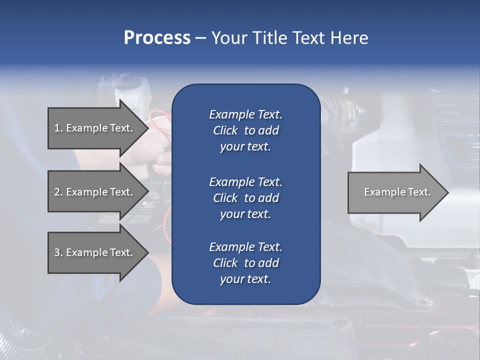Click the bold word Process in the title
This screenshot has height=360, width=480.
(x=157, y=38)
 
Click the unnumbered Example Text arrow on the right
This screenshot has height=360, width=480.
(x=397, y=192)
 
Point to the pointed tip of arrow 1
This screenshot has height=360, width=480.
(x=148, y=128)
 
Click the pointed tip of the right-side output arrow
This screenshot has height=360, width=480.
(x=447, y=192)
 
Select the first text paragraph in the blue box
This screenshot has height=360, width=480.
(x=245, y=130)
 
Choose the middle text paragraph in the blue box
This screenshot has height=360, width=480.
(x=245, y=198)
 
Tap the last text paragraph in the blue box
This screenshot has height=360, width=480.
(x=245, y=263)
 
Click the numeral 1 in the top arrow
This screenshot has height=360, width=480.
(x=56, y=128)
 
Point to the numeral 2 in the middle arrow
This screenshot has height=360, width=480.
(x=56, y=192)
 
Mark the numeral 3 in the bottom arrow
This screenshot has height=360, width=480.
(x=56, y=252)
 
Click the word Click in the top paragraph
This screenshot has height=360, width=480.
(x=225, y=131)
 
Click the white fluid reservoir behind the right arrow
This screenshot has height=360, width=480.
(x=380, y=150)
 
